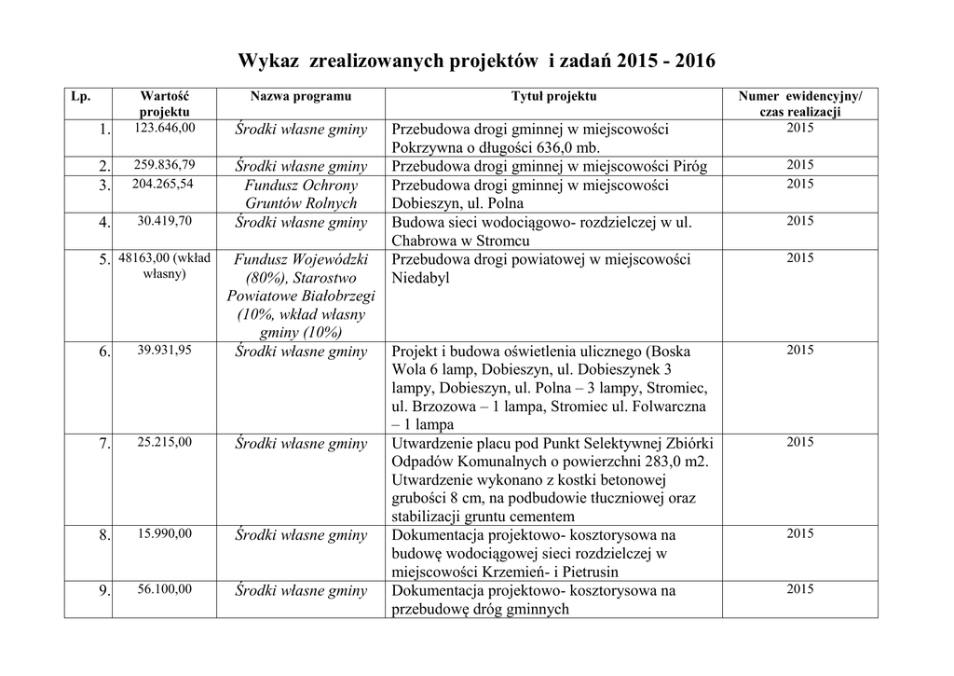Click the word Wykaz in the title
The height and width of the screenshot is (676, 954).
(x=268, y=62)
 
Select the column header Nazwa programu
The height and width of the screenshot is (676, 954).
(x=301, y=97)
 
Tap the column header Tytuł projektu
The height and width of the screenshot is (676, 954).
(x=554, y=97)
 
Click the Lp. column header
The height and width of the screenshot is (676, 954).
(x=80, y=97)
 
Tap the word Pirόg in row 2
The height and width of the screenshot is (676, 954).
(x=688, y=167)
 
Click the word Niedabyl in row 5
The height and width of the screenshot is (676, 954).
(x=421, y=278)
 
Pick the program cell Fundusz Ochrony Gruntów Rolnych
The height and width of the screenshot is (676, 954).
(x=301, y=194)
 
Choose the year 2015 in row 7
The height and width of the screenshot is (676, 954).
(x=799, y=441)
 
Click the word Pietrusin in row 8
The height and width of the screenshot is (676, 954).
(x=589, y=573)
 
